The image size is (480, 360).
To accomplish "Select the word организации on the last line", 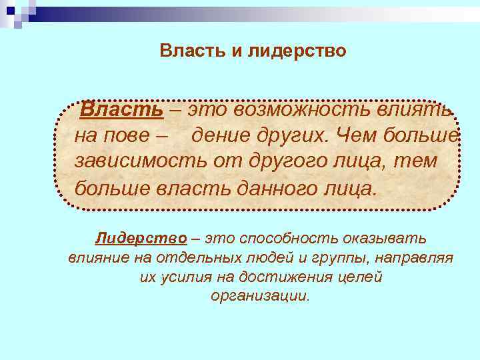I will click(x=261, y=296).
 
